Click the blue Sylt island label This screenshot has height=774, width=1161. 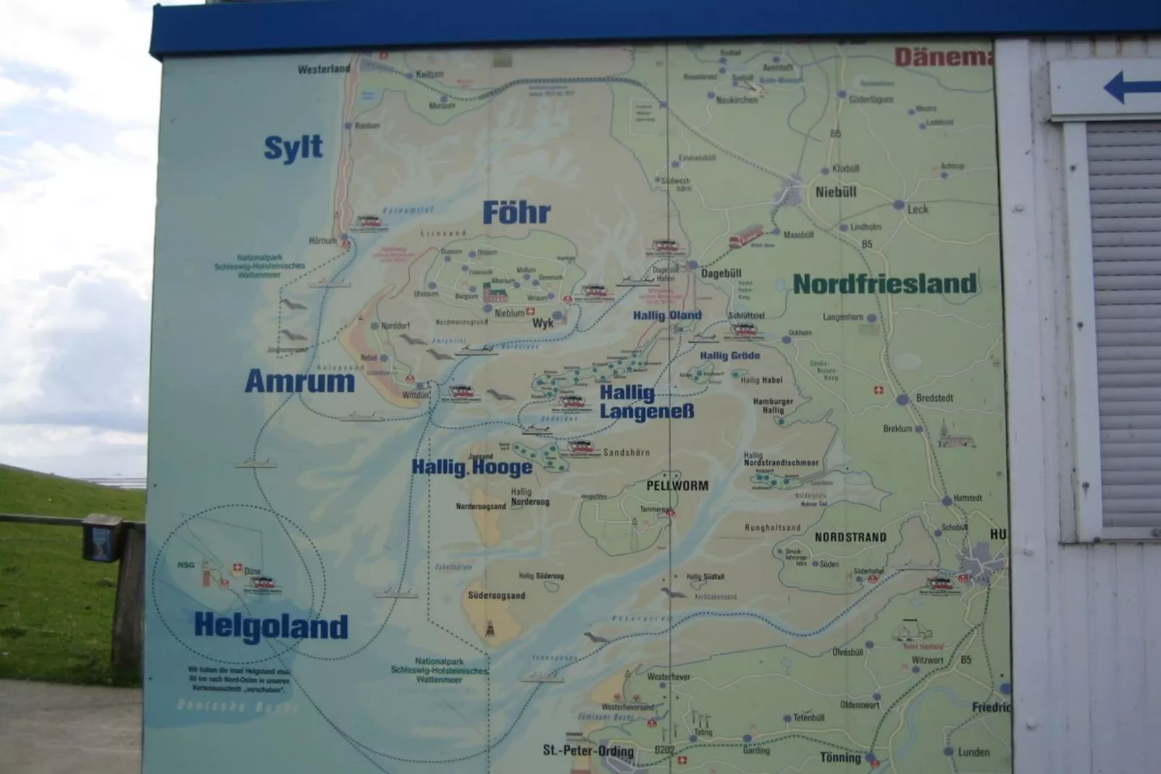(x=293, y=148)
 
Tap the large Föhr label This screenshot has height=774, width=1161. (x=516, y=213)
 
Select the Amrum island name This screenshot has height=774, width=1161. (x=299, y=381)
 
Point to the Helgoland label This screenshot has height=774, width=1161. (x=271, y=626)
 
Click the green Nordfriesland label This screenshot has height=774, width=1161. (x=884, y=284)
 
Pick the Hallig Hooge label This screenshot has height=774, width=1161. (x=472, y=467)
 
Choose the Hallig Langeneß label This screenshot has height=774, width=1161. (x=646, y=402)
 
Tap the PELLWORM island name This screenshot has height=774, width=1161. (x=677, y=486)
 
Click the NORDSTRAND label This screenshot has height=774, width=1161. (x=850, y=537)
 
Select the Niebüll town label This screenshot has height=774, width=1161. (x=836, y=192)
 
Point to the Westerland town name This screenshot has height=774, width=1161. (x=324, y=69)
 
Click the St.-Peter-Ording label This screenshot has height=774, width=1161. (x=588, y=751)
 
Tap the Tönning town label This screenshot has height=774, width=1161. (x=840, y=757)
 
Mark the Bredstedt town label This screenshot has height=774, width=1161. (x=934, y=399)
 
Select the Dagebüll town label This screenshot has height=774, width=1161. (x=721, y=273)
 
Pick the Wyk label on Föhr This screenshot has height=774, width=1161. (x=543, y=323)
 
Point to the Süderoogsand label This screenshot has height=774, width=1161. (x=496, y=596)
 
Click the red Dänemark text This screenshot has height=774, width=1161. (x=942, y=57)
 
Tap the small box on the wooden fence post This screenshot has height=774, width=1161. (x=101, y=538)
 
